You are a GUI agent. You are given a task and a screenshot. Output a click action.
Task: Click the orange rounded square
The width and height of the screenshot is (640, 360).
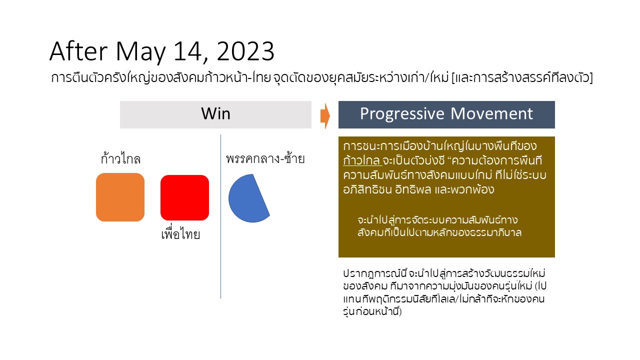[x=120, y=197]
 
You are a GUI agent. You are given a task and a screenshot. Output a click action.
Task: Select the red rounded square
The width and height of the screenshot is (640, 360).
[x=184, y=197]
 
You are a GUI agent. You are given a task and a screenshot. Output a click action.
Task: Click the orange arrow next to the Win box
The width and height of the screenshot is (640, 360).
[x=325, y=115]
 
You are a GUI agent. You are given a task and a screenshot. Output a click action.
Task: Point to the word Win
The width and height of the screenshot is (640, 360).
[x=215, y=113]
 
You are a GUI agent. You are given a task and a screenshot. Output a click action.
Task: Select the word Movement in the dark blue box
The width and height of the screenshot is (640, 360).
[x=491, y=113]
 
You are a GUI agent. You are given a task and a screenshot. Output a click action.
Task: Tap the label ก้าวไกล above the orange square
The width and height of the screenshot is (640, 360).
[x=120, y=158]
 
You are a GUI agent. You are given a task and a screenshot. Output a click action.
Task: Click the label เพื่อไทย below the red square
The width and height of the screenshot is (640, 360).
[x=180, y=234]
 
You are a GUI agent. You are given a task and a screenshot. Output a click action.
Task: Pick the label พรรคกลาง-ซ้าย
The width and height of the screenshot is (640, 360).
[x=265, y=158]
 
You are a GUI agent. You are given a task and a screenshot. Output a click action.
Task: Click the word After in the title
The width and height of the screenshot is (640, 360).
[x=78, y=51]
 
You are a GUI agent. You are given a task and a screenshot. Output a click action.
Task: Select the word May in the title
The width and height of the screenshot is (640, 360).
[x=140, y=52]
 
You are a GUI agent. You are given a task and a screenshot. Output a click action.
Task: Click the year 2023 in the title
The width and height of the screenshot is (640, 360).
[x=245, y=51]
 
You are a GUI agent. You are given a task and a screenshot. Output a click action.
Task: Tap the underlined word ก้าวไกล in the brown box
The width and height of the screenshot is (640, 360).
[x=362, y=160]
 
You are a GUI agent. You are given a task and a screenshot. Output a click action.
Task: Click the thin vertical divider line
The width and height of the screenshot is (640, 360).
[x=220, y=216]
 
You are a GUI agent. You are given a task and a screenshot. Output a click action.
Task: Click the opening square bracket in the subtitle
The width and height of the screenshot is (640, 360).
[x=453, y=77]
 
